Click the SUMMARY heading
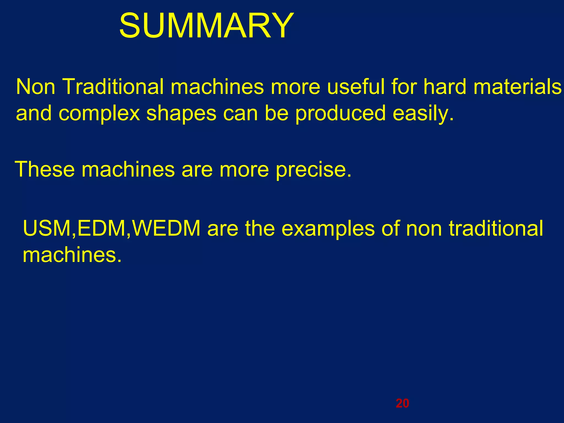click(207, 26)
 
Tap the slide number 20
click(402, 403)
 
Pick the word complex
click(99, 113)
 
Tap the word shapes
click(181, 113)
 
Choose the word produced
click(340, 113)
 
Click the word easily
click(423, 113)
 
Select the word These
click(45, 169)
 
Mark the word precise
click(314, 169)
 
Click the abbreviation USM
click(47, 229)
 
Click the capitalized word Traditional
click(113, 87)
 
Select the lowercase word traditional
click(496, 229)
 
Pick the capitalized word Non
click(36, 87)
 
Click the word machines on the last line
click(72, 255)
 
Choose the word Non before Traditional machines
click(36, 87)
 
